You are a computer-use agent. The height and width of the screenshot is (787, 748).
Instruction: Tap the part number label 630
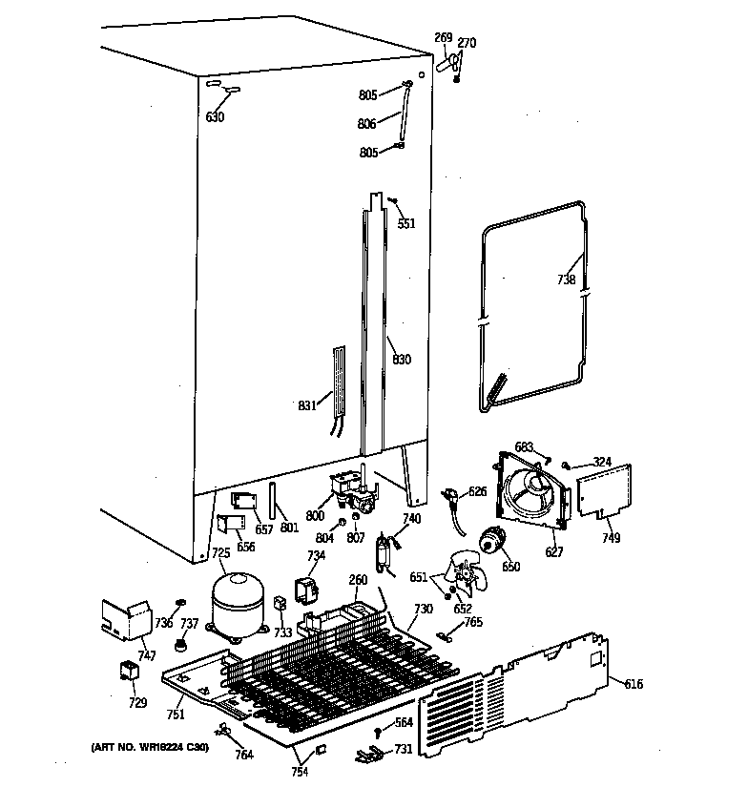tap(215, 117)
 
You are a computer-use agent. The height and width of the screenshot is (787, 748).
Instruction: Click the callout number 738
tap(567, 280)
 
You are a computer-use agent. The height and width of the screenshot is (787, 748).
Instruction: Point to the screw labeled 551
tap(392, 201)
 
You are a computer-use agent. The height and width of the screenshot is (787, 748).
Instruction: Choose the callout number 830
tap(402, 360)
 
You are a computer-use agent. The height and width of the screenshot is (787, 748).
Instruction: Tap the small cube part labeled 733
tap(280, 604)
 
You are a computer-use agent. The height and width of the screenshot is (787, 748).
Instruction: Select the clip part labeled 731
tap(366, 755)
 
